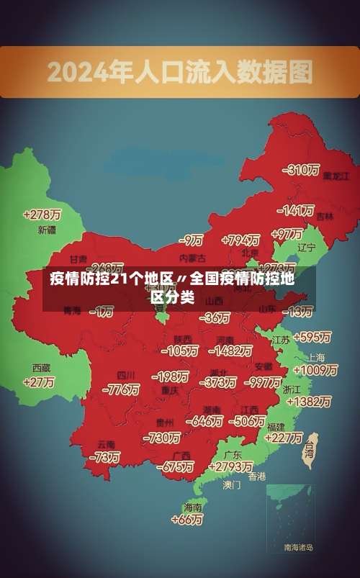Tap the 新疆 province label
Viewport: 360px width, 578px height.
click(x=46, y=230)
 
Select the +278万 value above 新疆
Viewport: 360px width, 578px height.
click(x=42, y=215)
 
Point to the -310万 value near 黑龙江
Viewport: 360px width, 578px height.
click(x=302, y=170)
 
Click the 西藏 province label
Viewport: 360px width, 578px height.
click(x=42, y=367)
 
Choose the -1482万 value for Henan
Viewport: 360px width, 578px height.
click(x=230, y=351)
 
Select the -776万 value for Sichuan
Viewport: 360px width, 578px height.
click(x=121, y=389)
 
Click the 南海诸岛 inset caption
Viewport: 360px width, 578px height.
click(x=298, y=548)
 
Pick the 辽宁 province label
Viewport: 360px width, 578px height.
click(x=306, y=247)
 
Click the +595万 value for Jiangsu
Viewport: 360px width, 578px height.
click(x=312, y=337)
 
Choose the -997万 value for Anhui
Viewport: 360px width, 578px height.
click(x=263, y=381)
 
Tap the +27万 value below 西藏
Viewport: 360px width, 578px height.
click(x=39, y=382)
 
